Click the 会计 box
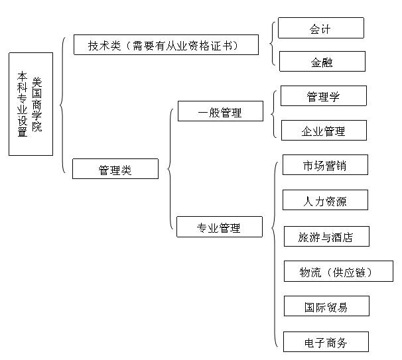[320, 28]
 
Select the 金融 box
[322, 61]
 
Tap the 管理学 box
[324, 96]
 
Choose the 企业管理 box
[324, 130]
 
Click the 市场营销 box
[325, 165]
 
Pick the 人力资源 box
[325, 200]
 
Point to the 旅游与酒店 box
[326, 236]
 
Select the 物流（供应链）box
[338, 271]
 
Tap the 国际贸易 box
[326, 306]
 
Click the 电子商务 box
[326, 341]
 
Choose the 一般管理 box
[220, 111]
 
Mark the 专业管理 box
[220, 227]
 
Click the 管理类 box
[115, 169]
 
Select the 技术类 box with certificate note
[166, 45]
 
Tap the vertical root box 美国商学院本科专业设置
[31, 104]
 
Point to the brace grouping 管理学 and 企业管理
[272, 114]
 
